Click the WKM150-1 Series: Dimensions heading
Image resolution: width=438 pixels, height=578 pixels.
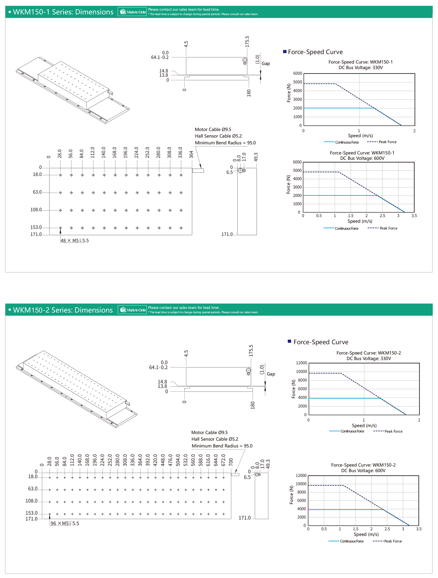click(63, 12)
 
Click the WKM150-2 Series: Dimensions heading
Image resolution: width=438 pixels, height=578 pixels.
click(63, 310)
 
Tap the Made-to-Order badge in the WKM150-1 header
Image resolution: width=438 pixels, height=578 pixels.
click(132, 12)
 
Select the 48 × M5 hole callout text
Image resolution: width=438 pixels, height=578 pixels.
click(74, 241)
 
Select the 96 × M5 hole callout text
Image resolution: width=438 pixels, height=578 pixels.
click(65, 523)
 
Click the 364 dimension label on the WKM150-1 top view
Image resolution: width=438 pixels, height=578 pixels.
click(191, 154)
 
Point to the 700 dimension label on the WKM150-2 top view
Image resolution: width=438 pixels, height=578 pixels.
click(231, 462)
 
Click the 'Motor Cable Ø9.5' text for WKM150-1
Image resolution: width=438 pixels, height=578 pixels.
click(213, 129)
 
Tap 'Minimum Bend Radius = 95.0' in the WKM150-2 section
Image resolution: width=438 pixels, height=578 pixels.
click(222, 446)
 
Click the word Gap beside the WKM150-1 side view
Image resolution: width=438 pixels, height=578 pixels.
click(266, 64)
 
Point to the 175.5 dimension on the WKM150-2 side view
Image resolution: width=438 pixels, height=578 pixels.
click(251, 350)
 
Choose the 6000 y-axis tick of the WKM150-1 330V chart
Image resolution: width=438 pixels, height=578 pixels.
click(297, 73)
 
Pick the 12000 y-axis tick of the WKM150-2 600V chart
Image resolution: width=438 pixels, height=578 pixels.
click(301, 475)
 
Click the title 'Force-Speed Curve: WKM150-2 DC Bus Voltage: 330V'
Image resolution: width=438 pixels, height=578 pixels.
click(368, 356)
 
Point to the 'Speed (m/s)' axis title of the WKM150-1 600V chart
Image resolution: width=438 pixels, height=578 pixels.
click(360, 221)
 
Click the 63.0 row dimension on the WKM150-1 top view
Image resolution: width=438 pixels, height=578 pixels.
click(37, 192)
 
